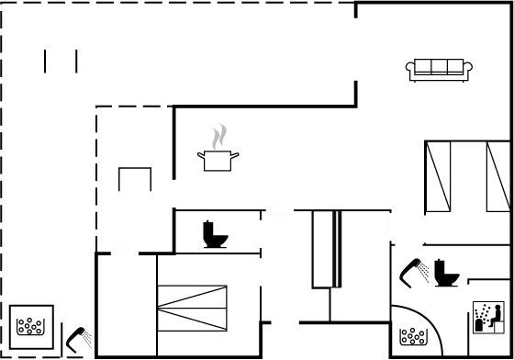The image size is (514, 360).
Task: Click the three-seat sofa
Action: coord(439,66)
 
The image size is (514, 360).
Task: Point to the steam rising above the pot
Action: coord(218,138)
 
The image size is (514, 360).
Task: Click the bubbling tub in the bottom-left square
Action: coord(31,327)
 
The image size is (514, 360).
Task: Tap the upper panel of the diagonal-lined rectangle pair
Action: coord(192,297)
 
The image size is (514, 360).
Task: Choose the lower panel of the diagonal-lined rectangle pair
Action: coord(192,319)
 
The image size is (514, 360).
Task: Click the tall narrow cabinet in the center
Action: coord(324,249)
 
